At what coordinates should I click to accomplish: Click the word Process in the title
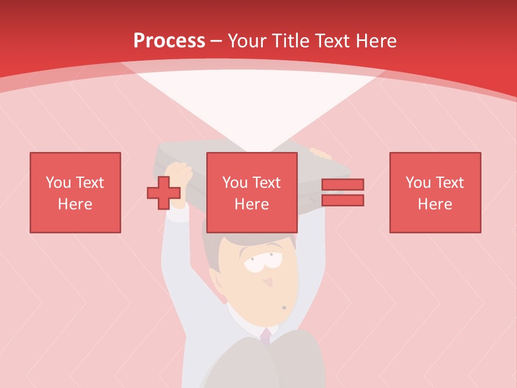(169, 40)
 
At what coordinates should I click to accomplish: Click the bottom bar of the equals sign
(343, 200)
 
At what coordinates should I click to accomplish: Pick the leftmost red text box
(75, 192)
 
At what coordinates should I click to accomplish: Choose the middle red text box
(251, 192)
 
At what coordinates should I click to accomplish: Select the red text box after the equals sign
(435, 192)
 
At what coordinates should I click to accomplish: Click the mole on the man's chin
(284, 308)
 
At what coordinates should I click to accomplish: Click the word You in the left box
(58, 183)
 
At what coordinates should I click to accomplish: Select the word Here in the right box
(435, 204)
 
